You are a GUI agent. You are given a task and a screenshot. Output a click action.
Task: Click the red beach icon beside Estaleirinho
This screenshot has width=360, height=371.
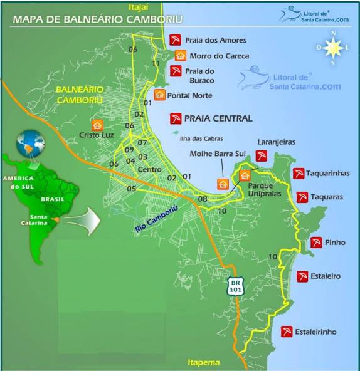(x=286, y=331)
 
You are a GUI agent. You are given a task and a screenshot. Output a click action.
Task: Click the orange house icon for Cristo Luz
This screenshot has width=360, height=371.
(x=97, y=125)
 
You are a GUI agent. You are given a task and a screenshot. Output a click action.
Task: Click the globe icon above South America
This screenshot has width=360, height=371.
(x=29, y=142)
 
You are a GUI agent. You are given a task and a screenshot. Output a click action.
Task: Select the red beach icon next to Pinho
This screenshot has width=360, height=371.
(x=316, y=243)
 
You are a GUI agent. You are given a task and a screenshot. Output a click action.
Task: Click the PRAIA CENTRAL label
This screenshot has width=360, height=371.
(x=218, y=118)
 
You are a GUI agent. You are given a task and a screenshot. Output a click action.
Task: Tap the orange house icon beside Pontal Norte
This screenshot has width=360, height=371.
(x=159, y=95)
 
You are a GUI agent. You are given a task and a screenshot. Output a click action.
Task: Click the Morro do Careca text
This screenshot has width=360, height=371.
(x=219, y=56)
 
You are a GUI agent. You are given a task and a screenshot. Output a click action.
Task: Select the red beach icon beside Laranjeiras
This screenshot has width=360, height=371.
(x=262, y=155)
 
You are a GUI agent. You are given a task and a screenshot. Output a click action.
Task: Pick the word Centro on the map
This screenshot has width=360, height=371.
(x=150, y=170)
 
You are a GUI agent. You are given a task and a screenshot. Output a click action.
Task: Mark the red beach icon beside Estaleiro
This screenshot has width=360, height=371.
(x=303, y=276)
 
